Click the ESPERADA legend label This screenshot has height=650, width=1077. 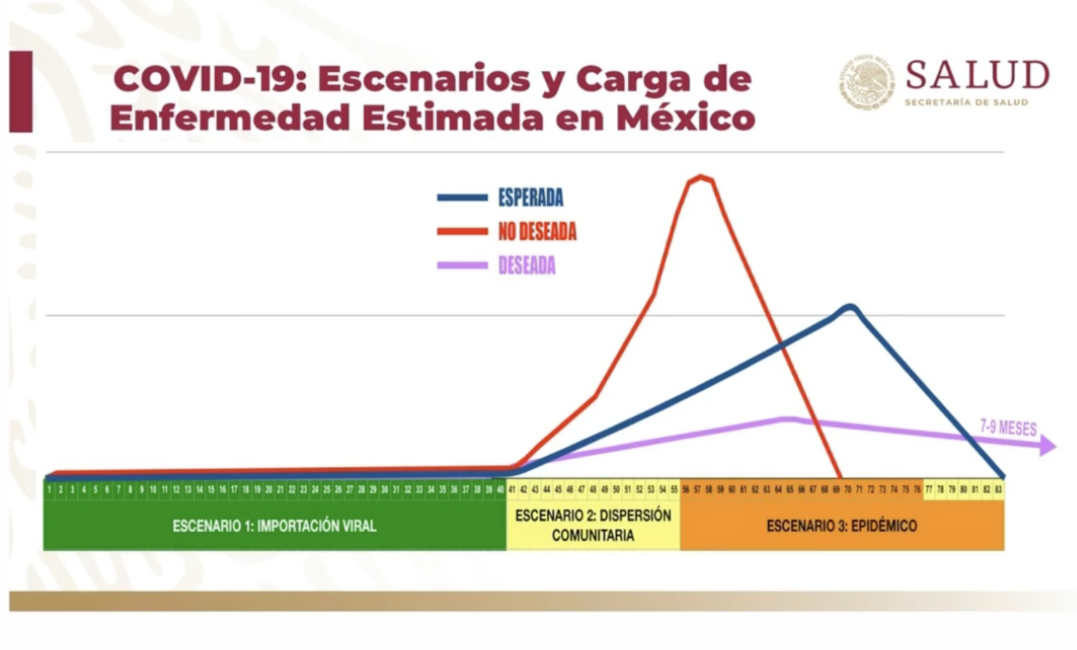click(530, 198)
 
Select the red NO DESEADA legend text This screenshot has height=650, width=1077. click(537, 232)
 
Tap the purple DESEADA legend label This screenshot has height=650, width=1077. click(527, 266)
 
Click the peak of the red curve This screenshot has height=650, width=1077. click(701, 178)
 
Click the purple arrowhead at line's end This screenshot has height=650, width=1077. click(1047, 446)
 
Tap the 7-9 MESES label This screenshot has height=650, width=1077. click(1008, 428)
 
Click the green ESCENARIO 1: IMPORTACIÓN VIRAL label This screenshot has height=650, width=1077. click(274, 526)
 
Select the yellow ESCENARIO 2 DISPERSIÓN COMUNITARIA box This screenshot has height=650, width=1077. click(593, 525)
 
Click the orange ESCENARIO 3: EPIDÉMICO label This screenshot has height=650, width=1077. click(842, 526)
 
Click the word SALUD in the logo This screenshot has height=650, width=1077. click(977, 75)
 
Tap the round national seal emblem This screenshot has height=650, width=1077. click(866, 82)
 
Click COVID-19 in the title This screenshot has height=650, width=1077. click(210, 79)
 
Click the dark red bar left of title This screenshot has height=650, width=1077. click(21, 91)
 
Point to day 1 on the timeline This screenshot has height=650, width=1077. click(50, 489)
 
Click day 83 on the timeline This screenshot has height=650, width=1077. click(998, 489)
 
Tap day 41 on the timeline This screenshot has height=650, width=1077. click(512, 489)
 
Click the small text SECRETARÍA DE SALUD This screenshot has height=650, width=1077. click(966, 102)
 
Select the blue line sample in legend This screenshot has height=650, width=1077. click(462, 198)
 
